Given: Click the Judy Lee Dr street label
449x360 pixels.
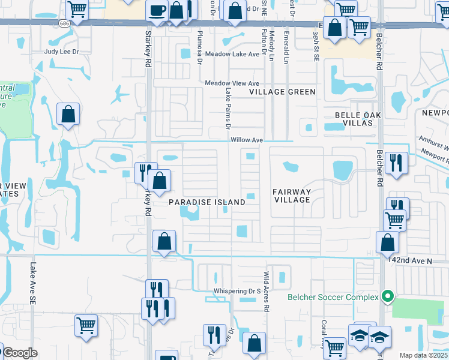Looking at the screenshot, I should click(61, 52).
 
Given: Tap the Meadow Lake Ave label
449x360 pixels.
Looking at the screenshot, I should click(232, 54).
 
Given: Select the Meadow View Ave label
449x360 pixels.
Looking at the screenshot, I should click(232, 83).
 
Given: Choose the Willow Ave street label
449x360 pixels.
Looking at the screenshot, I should click(247, 140).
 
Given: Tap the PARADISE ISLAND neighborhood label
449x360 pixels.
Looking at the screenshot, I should click(206, 202).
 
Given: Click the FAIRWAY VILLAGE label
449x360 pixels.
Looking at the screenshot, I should click(292, 196).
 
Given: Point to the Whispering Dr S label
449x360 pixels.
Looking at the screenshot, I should click(238, 292).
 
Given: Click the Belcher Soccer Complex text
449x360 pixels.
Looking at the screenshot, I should click(333, 297).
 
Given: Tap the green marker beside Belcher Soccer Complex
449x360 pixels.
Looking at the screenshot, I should click(388, 296).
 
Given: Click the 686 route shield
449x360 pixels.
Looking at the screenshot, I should click(64, 23).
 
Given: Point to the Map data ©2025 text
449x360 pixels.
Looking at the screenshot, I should click(424, 355).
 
